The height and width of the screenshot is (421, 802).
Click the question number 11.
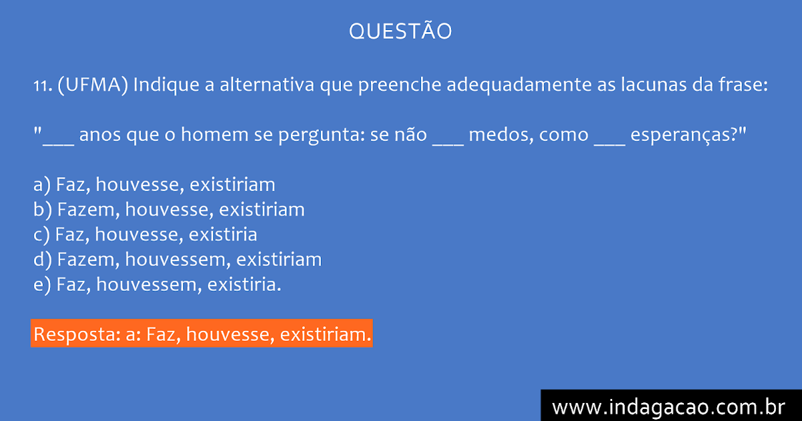43,86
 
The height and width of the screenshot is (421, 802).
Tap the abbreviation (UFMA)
93,86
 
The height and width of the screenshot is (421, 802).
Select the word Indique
166,86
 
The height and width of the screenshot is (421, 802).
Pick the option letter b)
43,210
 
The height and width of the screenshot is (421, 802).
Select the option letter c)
41,235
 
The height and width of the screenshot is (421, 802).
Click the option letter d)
43,260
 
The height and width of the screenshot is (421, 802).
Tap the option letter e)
42,285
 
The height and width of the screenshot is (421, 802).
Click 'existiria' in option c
223,235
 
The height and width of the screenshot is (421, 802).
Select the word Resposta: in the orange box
77,335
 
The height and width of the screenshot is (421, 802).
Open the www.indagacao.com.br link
668,408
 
